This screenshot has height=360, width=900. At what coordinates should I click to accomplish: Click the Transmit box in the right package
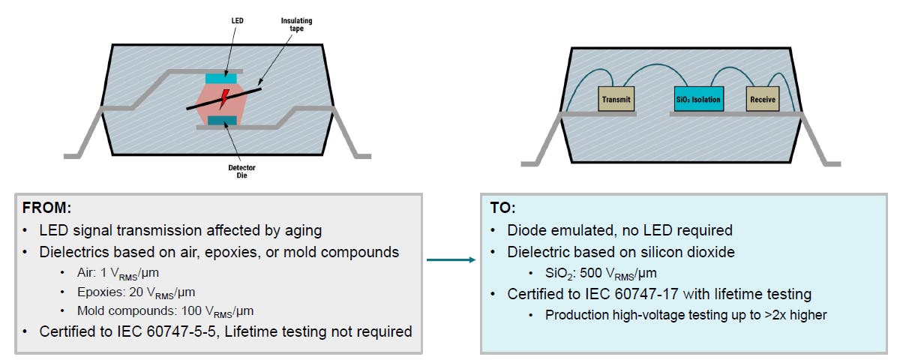[616, 99]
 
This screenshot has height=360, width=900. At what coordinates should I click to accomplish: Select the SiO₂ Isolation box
[697, 99]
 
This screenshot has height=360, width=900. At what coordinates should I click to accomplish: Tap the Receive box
[763, 99]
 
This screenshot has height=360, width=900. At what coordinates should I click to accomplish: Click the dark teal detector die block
[223, 121]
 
